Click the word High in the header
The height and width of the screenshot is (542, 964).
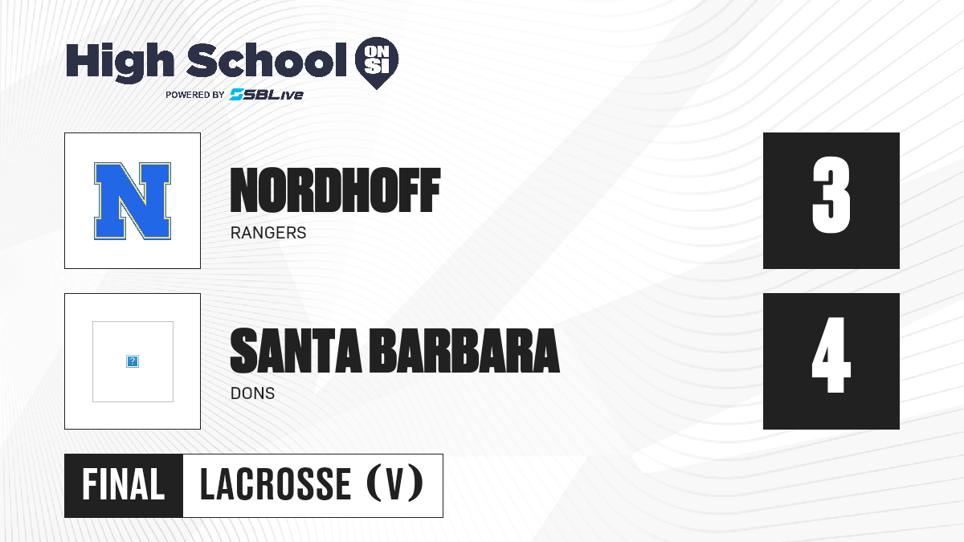coord(120,62)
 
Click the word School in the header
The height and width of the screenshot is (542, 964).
coord(267,60)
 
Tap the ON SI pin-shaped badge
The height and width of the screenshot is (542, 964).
coord(377,63)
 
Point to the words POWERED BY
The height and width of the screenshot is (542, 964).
coord(195,95)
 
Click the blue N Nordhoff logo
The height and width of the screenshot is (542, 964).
coord(133,201)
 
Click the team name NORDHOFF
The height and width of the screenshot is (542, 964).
coord(335,190)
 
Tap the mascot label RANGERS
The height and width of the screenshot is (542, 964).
coord(268,233)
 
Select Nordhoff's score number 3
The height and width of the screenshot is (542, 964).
coord(831,195)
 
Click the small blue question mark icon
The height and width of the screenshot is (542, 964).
coord(133,361)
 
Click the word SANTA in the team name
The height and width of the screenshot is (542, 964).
coord(296,351)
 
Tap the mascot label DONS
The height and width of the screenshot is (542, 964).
coord(252,393)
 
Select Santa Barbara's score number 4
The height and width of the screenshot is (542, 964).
coord(831,355)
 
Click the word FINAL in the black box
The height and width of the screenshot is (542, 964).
coord(124,485)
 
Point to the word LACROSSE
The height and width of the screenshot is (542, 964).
coord(276,485)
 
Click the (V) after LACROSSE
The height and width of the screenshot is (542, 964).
coord(395,484)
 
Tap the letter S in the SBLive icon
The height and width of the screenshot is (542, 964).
coord(237,95)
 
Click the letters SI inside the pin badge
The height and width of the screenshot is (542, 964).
coord(377,66)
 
